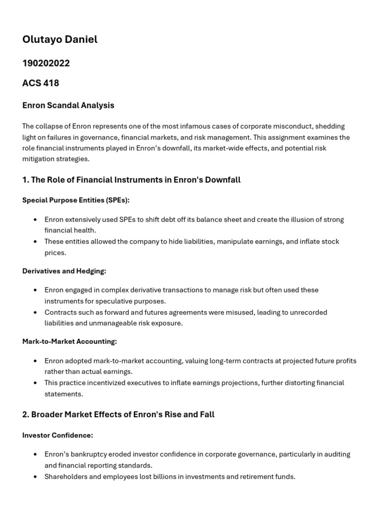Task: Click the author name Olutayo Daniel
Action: pyautogui.click(x=60, y=39)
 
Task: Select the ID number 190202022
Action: pyautogui.click(x=46, y=63)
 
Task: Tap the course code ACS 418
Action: pyautogui.click(x=40, y=83)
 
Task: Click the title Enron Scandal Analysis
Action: pyautogui.click(x=68, y=105)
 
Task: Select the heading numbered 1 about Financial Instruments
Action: pyautogui.click(x=131, y=180)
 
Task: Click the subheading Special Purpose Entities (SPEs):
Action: pyautogui.click(x=76, y=200)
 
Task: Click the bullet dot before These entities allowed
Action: pyautogui.click(x=35, y=242)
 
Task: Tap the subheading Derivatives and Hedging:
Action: pyautogui.click(x=64, y=271)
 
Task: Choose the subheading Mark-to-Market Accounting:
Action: pyautogui.click(x=70, y=341)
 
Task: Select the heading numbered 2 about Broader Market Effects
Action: pyautogui.click(x=118, y=414)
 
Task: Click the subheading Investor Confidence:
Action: pyautogui.click(x=58, y=435)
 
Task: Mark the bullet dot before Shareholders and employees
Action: pyautogui.click(x=35, y=476)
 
